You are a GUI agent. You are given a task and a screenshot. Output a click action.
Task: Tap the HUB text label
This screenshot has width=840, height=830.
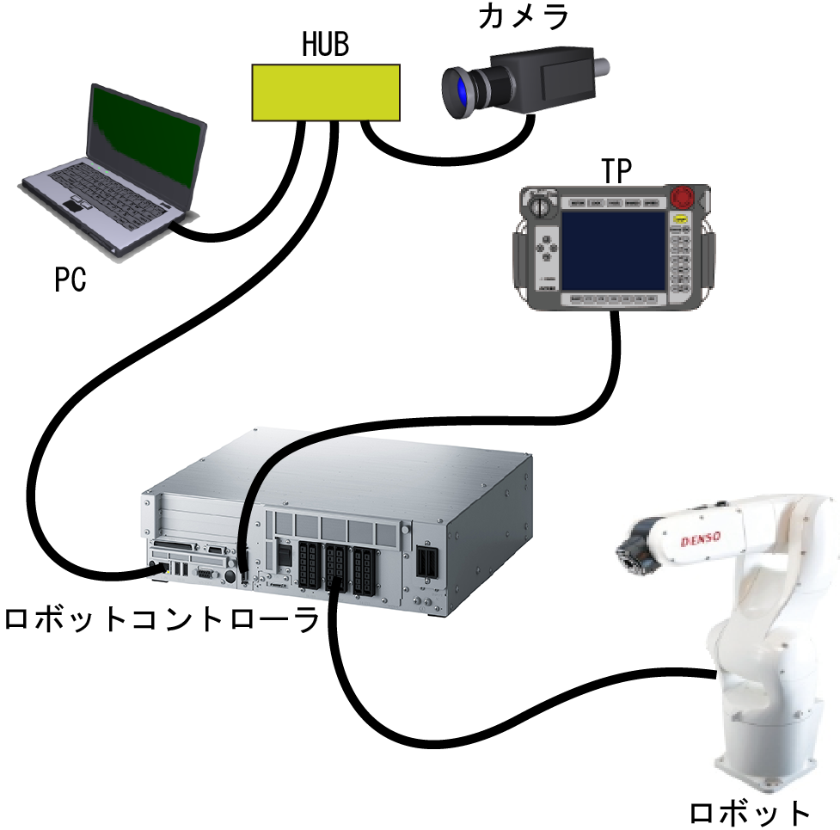click(325, 44)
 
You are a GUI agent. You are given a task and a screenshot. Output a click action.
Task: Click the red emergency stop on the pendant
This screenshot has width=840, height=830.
click(684, 195)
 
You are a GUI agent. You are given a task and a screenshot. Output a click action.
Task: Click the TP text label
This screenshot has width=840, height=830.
click(615, 172)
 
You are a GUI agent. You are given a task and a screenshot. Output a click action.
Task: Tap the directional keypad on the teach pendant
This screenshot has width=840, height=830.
click(544, 249)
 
